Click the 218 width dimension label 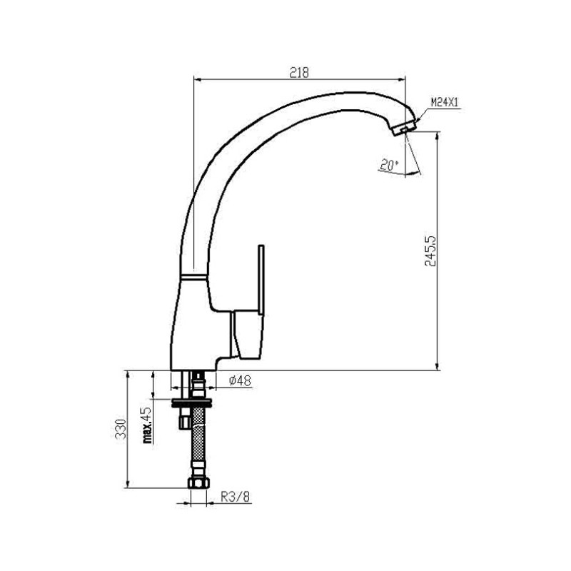coord(299,73)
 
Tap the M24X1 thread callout coord(444,102)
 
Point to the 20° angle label coord(389,166)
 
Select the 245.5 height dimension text coord(430,251)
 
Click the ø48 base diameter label coord(240,380)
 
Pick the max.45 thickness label coord(147,425)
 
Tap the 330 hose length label coord(121,429)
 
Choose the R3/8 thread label coord(236,497)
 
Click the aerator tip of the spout coord(404,128)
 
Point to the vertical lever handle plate coord(261,279)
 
